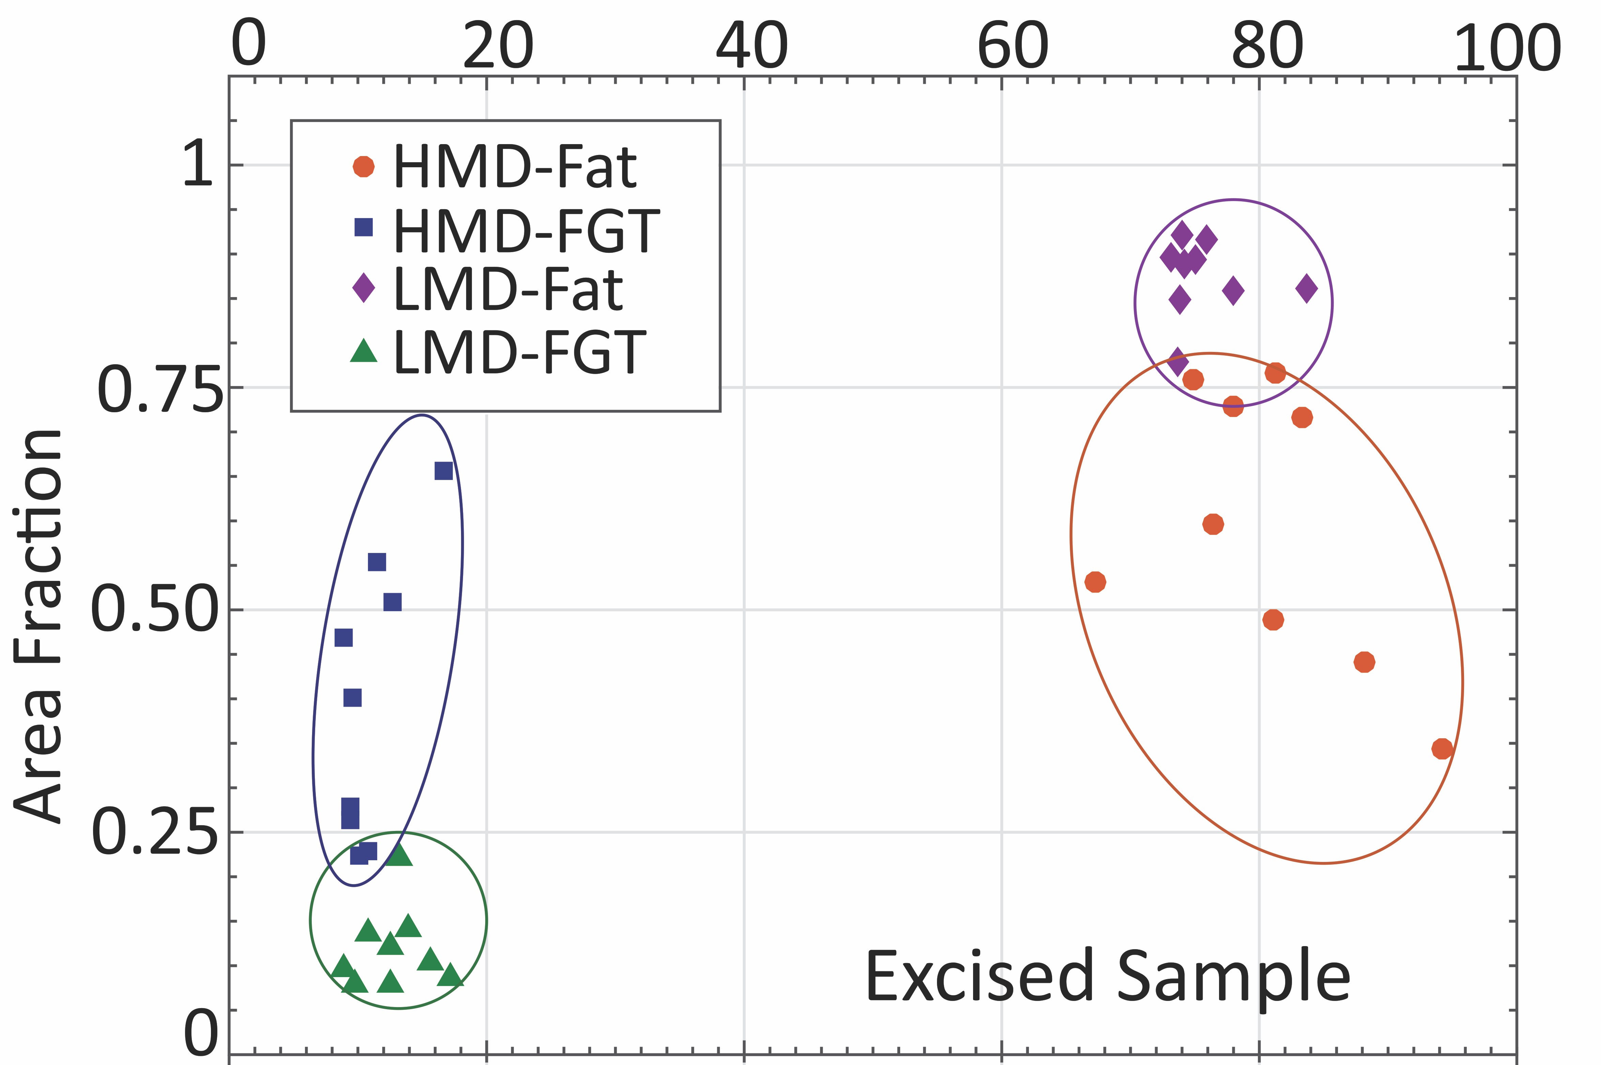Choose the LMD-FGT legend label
pos(520,352)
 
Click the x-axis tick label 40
pos(751,46)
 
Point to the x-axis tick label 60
pos(1012,46)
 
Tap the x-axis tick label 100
pos(1507,48)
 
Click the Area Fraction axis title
pos(39,626)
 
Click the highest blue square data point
pos(444,471)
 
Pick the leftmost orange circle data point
pos(1095,582)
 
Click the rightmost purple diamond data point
pos(1306,289)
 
